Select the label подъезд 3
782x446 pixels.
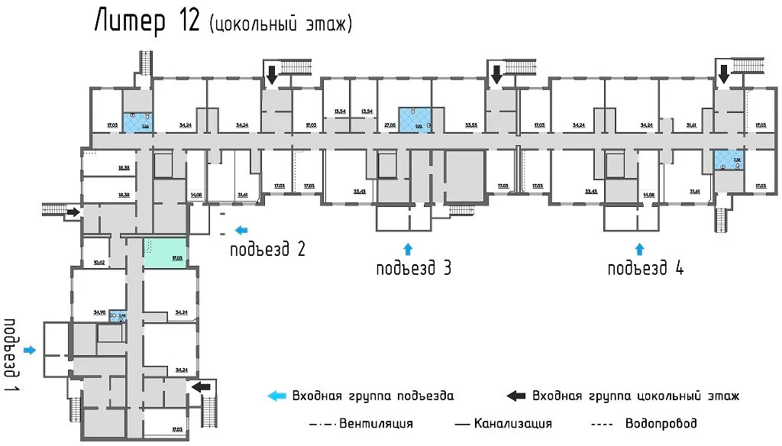(413, 268)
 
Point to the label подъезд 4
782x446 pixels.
(646, 268)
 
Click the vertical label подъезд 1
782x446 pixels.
(11, 348)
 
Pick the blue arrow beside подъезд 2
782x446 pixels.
(241, 229)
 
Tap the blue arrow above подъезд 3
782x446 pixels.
(407, 247)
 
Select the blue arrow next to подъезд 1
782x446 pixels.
(30, 351)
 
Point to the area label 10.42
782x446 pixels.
(98, 262)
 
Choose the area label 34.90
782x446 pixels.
(99, 312)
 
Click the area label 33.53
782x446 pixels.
(470, 124)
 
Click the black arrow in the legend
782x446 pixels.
(516, 396)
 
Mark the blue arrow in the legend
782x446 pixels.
(276, 396)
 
